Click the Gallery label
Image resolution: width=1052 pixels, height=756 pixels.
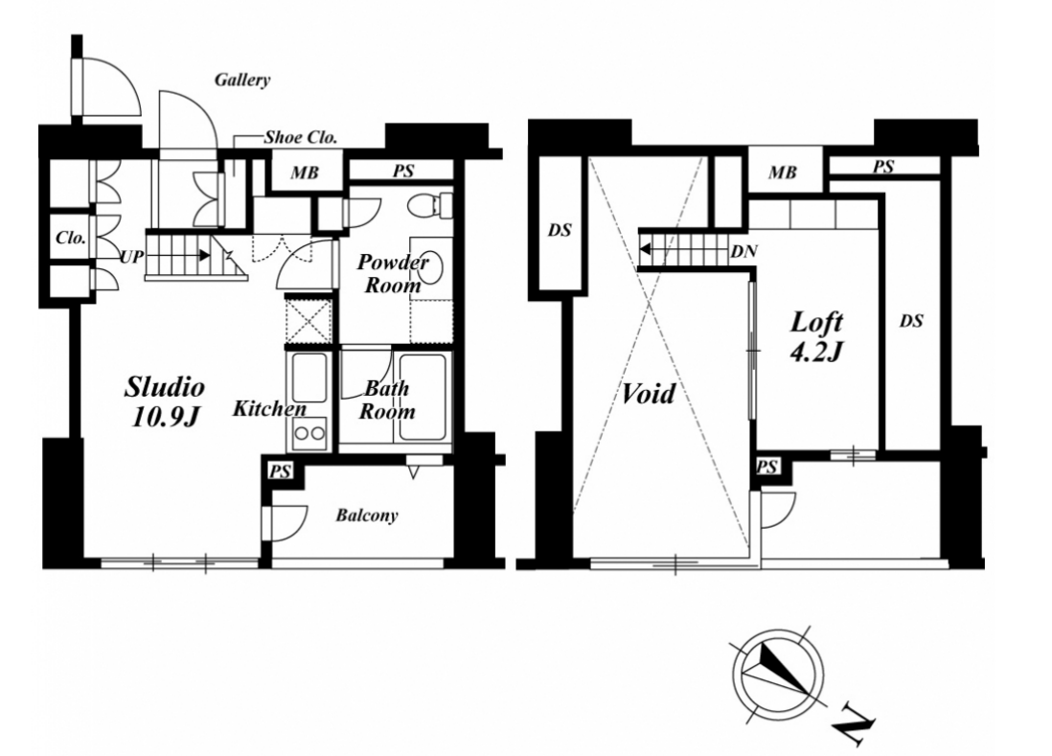[x=242, y=80]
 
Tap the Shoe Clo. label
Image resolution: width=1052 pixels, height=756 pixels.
[x=300, y=138]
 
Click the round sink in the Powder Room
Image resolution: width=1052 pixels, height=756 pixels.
[x=431, y=267]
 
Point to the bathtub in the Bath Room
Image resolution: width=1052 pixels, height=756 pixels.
[x=422, y=397]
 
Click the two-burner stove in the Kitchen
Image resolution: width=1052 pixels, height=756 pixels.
[x=309, y=433]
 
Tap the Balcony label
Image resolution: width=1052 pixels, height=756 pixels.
[x=367, y=515]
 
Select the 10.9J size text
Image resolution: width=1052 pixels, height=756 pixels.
[x=166, y=417]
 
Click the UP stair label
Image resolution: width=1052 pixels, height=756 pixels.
[x=131, y=256]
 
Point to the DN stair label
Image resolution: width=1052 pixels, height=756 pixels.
[x=743, y=252]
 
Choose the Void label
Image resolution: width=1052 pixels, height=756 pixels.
[x=648, y=394]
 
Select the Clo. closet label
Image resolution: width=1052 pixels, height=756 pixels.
[x=71, y=238]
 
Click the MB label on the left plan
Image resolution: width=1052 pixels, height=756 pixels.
[x=305, y=173]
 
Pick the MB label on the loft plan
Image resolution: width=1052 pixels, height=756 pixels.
[x=782, y=173]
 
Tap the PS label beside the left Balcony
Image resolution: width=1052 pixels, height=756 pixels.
[x=281, y=471]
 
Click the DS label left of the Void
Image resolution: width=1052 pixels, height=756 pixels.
[x=560, y=230]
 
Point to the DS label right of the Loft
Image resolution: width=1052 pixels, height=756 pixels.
[x=912, y=321]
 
